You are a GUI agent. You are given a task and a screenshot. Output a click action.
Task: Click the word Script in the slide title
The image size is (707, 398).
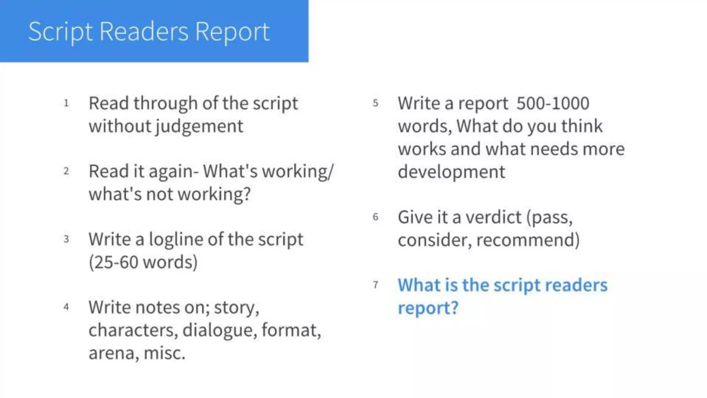(x=61, y=32)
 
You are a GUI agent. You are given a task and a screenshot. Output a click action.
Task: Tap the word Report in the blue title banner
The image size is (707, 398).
(x=232, y=32)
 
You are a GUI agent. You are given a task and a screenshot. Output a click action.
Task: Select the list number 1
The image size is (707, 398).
(x=66, y=103)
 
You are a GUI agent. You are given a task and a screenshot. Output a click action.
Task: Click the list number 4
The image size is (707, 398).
(x=66, y=307)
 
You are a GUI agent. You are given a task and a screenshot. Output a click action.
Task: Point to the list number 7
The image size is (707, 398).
(x=376, y=285)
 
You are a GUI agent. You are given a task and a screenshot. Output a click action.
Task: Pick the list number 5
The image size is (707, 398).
(x=376, y=103)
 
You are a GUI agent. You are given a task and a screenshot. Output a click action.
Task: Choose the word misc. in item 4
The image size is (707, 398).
(x=164, y=353)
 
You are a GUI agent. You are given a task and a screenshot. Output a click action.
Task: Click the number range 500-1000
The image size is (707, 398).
(x=553, y=103)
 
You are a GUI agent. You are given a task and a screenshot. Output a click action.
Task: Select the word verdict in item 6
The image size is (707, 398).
(x=493, y=217)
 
